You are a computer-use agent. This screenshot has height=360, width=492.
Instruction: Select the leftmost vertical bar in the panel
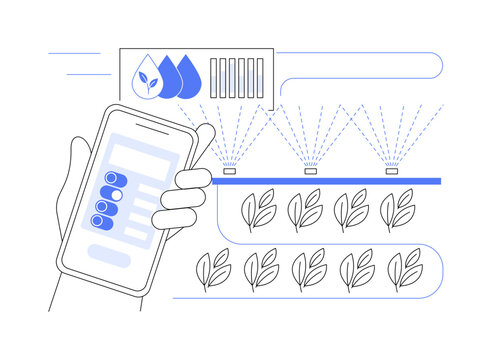[x=214, y=76]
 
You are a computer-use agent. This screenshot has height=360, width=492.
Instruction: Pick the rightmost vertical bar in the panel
[x=261, y=76]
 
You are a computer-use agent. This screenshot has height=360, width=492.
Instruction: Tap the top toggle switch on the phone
[x=110, y=180]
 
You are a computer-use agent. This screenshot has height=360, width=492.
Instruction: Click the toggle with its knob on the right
[x=113, y=195]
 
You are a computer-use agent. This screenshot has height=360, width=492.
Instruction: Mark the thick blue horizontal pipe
[x=330, y=181]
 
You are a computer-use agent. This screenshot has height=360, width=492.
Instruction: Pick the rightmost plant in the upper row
[x=398, y=210]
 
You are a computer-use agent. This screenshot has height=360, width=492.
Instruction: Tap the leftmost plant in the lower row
[x=213, y=270]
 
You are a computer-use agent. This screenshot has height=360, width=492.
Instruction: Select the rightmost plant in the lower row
[x=404, y=270]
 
